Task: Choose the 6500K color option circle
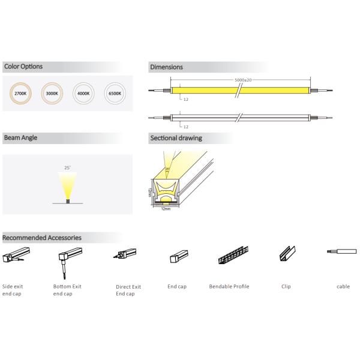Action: pyautogui.click(x=115, y=94)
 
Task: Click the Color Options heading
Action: pyautogui.click(x=23, y=67)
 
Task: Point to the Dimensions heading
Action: pyautogui.click(x=166, y=67)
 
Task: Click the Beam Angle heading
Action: pyautogui.click(x=21, y=137)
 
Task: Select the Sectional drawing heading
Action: pyautogui.click(x=176, y=138)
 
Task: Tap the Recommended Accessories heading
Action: pyautogui.click(x=41, y=238)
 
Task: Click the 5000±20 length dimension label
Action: pyautogui.click(x=242, y=79)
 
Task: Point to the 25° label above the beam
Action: pyautogui.click(x=67, y=167)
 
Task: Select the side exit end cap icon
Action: pyautogui.click(x=14, y=259)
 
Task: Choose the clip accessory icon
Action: pyautogui.click(x=286, y=254)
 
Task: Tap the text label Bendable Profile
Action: pyautogui.click(x=229, y=287)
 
